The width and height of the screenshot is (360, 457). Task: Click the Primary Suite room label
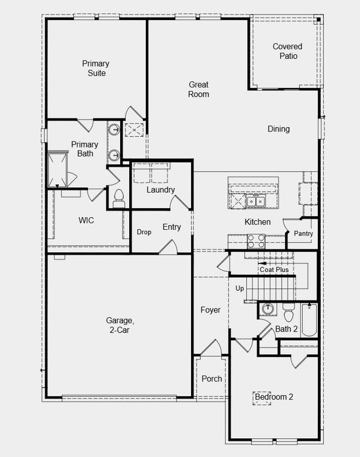95,68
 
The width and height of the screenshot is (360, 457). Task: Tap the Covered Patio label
287,51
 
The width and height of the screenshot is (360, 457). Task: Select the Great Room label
199,89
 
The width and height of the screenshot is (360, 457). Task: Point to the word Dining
278,129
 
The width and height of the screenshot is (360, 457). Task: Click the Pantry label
303,234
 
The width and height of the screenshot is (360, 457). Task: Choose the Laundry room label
161,190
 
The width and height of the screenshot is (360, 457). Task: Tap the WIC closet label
86,220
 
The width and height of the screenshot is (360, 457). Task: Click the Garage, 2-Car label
120,324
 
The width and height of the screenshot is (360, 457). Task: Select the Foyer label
211,310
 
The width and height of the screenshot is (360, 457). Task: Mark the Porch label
212,378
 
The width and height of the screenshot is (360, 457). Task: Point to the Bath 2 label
286,328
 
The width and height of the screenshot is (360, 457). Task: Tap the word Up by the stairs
240,289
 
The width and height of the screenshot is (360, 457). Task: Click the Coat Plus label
274,270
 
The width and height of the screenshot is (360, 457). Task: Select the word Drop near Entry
143,232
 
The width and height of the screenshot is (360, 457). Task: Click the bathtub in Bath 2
309,321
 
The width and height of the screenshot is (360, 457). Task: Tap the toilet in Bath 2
289,312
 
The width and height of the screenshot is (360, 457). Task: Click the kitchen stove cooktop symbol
256,240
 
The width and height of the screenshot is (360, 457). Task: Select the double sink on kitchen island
256,202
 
